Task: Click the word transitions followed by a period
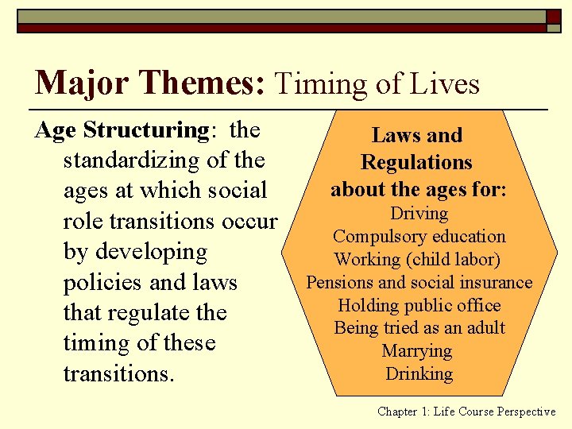coord(118,373)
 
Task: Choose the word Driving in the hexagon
coord(419,214)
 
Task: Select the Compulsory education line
coord(419,237)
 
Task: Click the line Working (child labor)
coord(419,260)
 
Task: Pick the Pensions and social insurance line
coord(419,283)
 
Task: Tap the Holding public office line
coord(419,305)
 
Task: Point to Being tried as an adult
coord(419,328)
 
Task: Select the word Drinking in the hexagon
coord(419,374)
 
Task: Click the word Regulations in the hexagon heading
coord(416,163)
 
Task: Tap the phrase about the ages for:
coord(419,190)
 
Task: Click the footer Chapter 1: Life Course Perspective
coord(466,412)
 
